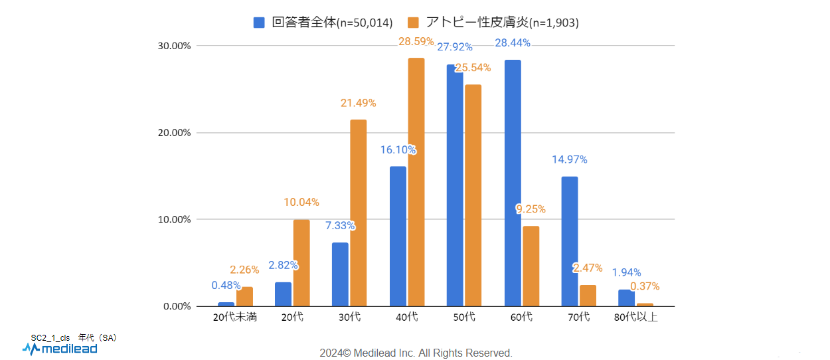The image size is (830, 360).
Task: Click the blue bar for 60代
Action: click(x=513, y=183)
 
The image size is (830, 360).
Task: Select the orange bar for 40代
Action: click(x=416, y=182)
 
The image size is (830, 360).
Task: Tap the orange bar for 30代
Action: click(x=359, y=213)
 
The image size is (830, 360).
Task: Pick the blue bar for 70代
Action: click(x=570, y=241)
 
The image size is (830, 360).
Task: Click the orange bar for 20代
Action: click(x=301, y=262)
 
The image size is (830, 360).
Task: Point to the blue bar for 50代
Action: click(x=455, y=185)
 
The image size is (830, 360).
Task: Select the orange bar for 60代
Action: click(x=531, y=266)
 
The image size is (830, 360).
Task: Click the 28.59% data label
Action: click(x=416, y=41)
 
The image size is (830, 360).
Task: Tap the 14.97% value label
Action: click(x=569, y=159)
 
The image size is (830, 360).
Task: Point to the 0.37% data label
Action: click(x=645, y=286)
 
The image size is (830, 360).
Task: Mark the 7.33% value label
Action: click(x=340, y=225)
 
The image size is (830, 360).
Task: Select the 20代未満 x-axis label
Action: click(x=235, y=317)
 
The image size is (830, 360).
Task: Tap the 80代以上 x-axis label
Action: click(x=636, y=317)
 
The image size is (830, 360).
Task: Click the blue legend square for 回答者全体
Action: click(x=260, y=23)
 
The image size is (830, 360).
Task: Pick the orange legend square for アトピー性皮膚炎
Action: click(x=413, y=23)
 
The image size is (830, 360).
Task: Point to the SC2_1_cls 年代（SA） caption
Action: click(x=74, y=337)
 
